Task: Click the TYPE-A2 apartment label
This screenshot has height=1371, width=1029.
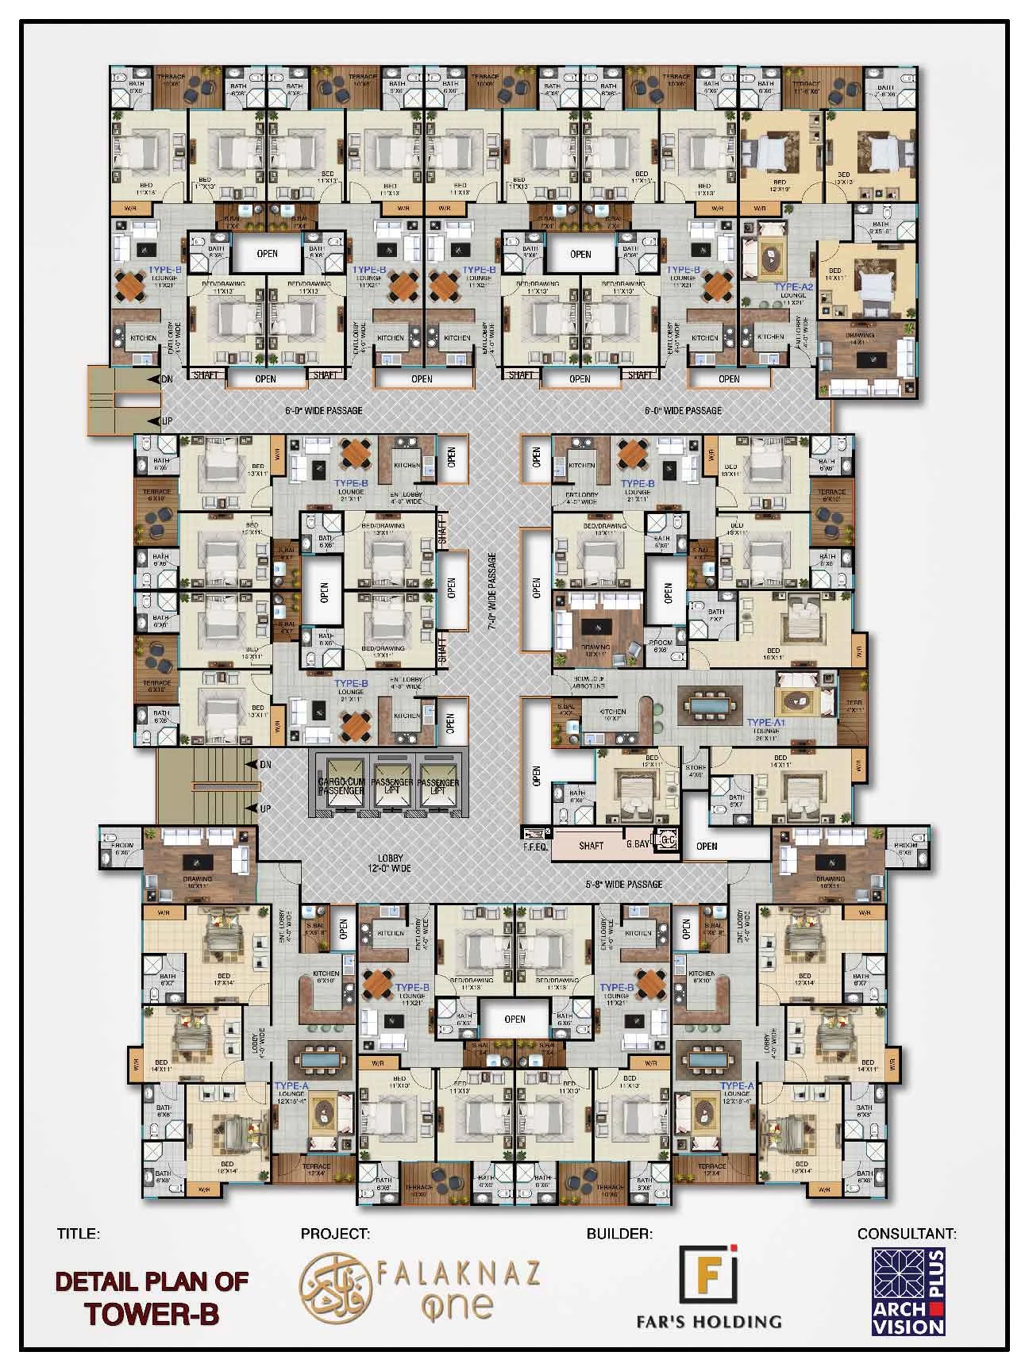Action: (x=794, y=287)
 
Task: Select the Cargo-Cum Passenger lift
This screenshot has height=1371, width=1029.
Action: (x=340, y=782)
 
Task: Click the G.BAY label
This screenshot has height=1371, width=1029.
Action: (x=638, y=845)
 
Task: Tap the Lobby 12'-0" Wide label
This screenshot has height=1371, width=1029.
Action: (x=391, y=863)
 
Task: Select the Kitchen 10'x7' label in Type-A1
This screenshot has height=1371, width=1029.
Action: (x=613, y=716)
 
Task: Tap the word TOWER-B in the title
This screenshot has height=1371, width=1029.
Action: (x=152, y=1314)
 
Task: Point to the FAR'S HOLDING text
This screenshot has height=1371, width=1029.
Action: (x=708, y=1322)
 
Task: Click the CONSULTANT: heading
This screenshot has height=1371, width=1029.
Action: (x=907, y=1234)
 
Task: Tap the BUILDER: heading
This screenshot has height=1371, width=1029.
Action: (x=619, y=1234)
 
